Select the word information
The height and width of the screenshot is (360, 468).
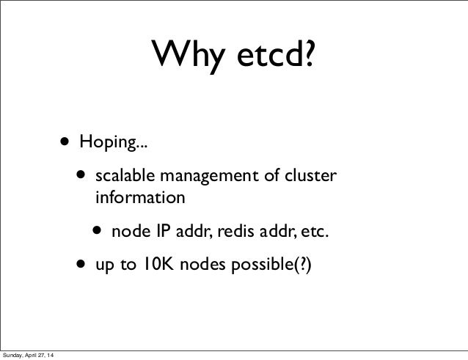tap(140, 197)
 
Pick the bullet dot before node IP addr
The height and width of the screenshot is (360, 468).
tap(98, 233)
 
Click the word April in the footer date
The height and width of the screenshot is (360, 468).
tap(38, 356)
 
